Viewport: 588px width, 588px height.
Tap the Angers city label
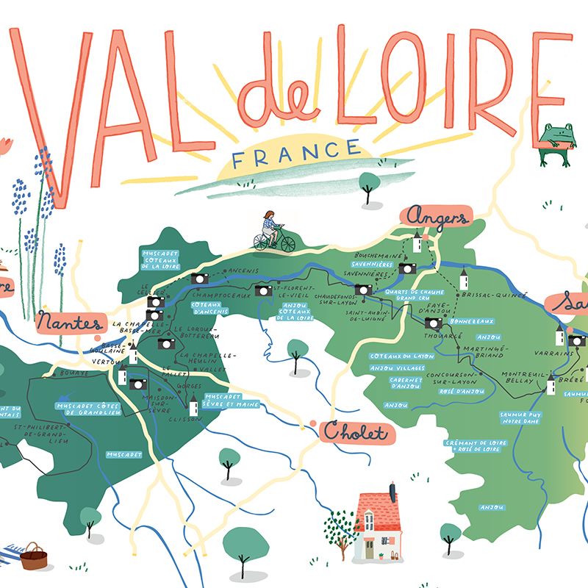(x=436, y=218)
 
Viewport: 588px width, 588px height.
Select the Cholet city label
(x=357, y=433)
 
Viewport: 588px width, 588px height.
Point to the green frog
(x=556, y=143)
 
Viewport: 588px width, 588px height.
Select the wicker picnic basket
(x=33, y=556)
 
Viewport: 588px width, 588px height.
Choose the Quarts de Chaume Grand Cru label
(x=408, y=294)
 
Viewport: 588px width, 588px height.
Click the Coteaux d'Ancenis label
(x=210, y=307)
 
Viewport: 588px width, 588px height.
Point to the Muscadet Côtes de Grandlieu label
(x=88, y=409)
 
